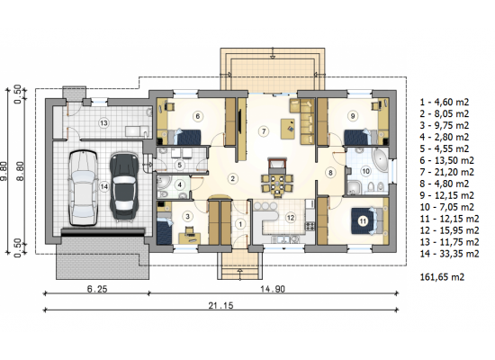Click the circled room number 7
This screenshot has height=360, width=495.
click(264, 130)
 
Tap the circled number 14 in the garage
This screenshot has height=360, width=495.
click(104, 187)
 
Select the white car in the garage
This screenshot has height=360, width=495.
click(83, 188)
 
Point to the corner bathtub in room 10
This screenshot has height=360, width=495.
click(380, 160)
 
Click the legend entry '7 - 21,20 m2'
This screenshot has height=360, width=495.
click(446, 172)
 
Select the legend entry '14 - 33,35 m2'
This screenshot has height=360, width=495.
click(449, 254)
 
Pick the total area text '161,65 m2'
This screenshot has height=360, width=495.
click(442, 277)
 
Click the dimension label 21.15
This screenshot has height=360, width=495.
click(220, 305)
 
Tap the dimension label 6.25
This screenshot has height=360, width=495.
click(97, 289)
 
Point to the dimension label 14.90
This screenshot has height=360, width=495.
click(273, 289)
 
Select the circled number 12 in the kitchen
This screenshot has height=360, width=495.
click(291, 217)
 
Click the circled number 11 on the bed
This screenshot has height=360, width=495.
click(363, 221)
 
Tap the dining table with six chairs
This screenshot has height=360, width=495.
click(277, 184)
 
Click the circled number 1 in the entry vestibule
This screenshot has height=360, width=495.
click(240, 224)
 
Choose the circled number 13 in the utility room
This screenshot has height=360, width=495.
click(103, 122)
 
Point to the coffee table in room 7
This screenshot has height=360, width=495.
click(288, 129)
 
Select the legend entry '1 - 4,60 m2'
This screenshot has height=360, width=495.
click(445, 102)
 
